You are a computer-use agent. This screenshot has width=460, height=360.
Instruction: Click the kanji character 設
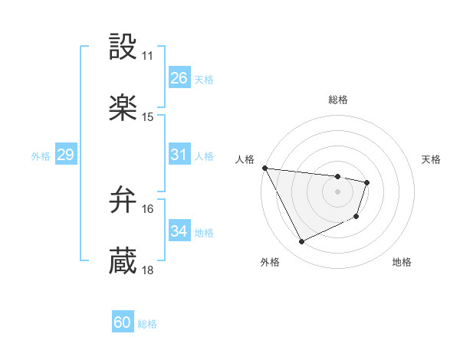pos(123,47)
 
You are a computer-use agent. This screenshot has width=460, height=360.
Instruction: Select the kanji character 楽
pos(123,108)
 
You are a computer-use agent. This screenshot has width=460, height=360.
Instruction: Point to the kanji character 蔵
pos(123,260)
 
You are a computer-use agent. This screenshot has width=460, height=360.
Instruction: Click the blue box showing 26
pos(179,78)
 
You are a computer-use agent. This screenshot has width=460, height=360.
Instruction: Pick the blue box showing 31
pos(179,155)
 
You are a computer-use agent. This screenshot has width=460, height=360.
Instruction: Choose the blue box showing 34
pos(179,231)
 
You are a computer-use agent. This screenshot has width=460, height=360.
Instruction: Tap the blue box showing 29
pos(65,155)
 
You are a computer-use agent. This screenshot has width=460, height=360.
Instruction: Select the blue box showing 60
pos(123,323)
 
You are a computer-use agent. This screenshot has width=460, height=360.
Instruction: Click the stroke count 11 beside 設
pos(148,57)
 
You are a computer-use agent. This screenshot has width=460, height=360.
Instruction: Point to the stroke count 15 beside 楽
pos(148,117)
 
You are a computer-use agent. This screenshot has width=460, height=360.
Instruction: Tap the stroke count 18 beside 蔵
pos(148,270)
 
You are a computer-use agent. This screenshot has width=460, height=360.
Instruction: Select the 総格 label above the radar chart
pos(338,100)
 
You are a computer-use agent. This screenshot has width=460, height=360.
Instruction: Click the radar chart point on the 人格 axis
pos(265,168)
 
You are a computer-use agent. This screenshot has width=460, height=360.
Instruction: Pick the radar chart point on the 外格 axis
pos(301,242)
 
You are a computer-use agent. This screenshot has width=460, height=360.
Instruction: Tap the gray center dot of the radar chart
pos(338,191)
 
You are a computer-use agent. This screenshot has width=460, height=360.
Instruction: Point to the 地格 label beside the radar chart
pos(402,263)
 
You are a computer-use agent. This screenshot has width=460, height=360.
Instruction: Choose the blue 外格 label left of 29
pos(41,156)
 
